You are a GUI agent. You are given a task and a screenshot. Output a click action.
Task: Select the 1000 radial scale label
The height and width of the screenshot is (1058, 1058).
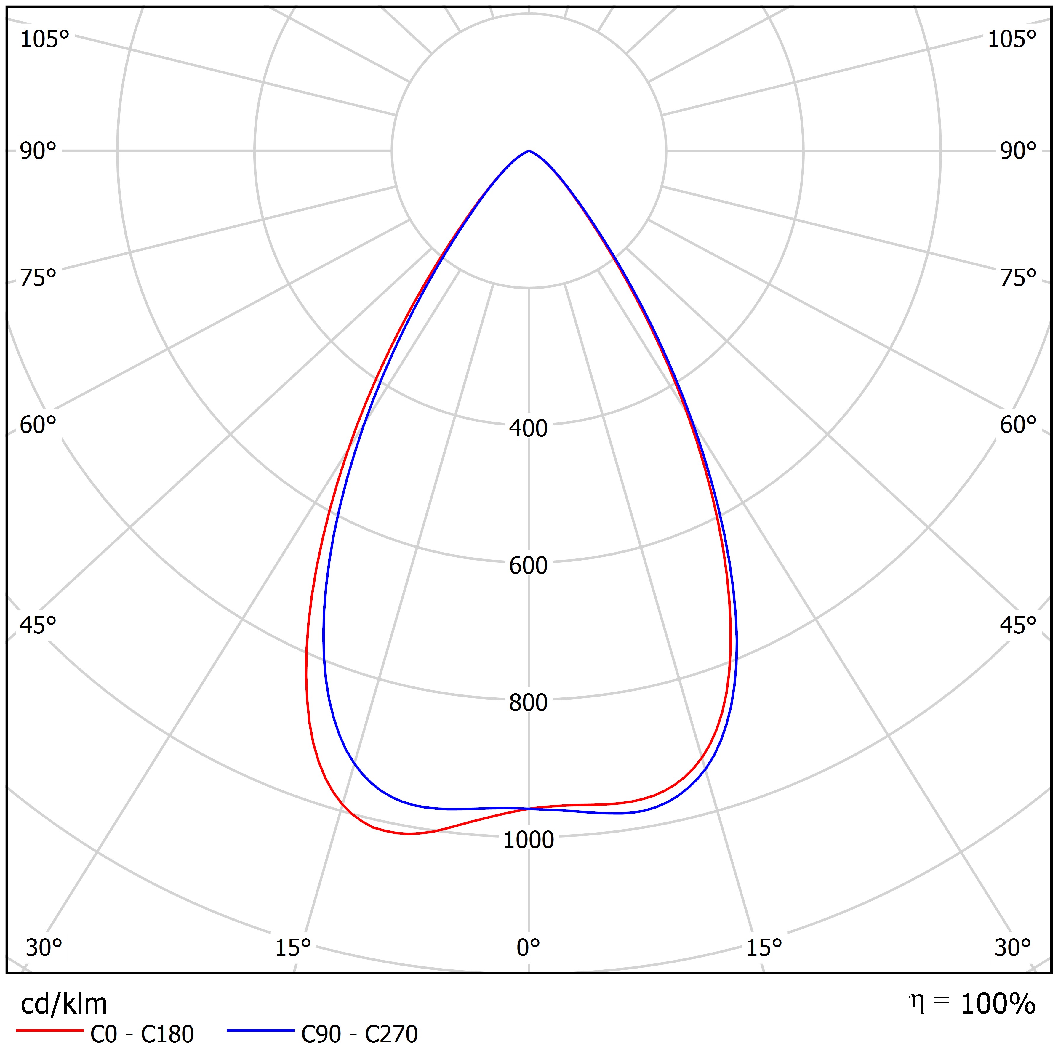529,840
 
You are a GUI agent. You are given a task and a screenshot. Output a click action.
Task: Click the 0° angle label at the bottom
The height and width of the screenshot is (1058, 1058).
529,947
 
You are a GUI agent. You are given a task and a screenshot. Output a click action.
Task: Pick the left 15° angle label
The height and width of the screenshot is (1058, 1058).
293,947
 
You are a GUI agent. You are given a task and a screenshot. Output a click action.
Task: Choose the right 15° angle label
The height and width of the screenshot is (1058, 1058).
764,947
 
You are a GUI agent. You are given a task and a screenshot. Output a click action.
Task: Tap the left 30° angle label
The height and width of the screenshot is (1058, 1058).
44,947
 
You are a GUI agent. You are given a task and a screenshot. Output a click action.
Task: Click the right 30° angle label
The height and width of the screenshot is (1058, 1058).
1013,947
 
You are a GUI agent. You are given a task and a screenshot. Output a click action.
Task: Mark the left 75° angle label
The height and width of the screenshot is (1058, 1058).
38,278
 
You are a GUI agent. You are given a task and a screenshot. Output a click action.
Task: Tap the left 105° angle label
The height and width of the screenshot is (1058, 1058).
45,39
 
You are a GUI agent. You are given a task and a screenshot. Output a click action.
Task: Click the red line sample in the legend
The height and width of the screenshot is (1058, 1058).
49,1031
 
